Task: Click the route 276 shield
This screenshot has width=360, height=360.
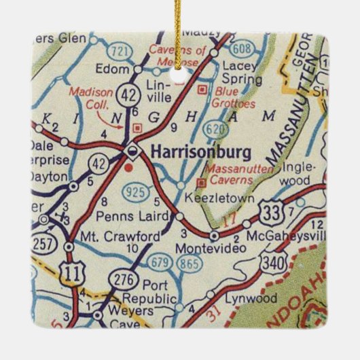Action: [x=125, y=277]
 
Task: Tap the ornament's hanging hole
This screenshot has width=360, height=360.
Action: [x=179, y=75]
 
